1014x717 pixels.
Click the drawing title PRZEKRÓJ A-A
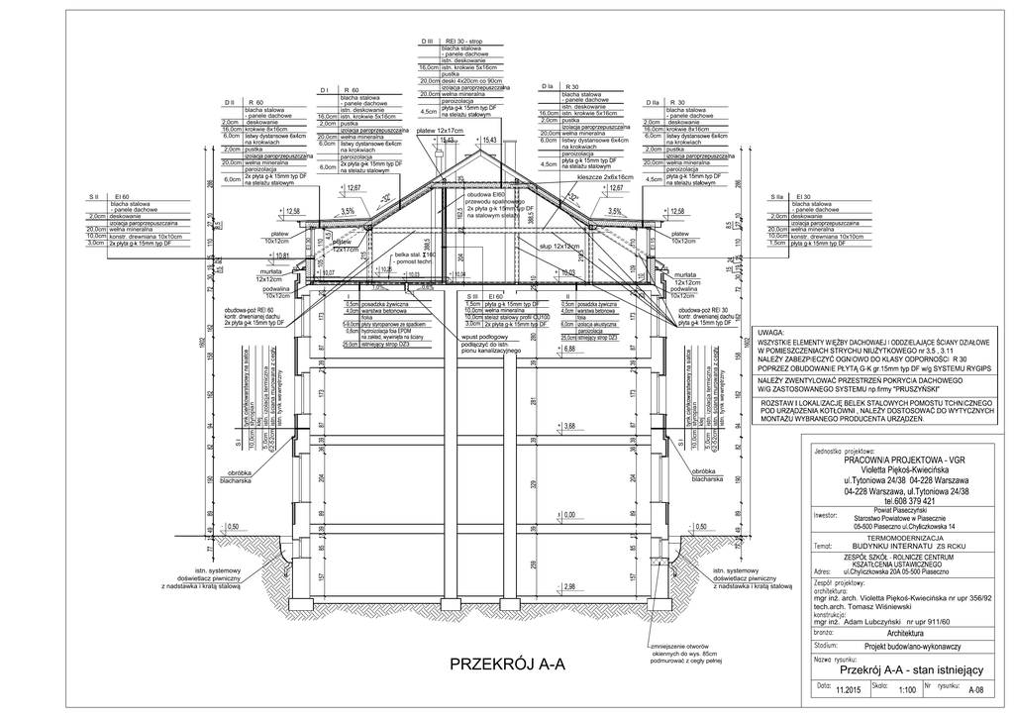[x=506, y=664]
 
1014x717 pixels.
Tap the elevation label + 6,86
[x=567, y=350]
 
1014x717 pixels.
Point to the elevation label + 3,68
[x=567, y=427]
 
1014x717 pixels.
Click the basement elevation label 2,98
[x=568, y=588]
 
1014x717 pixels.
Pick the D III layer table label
[x=429, y=41]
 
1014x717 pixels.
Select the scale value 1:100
[x=906, y=690]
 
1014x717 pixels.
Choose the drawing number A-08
[x=975, y=690]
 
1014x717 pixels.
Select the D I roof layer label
[x=323, y=90]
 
